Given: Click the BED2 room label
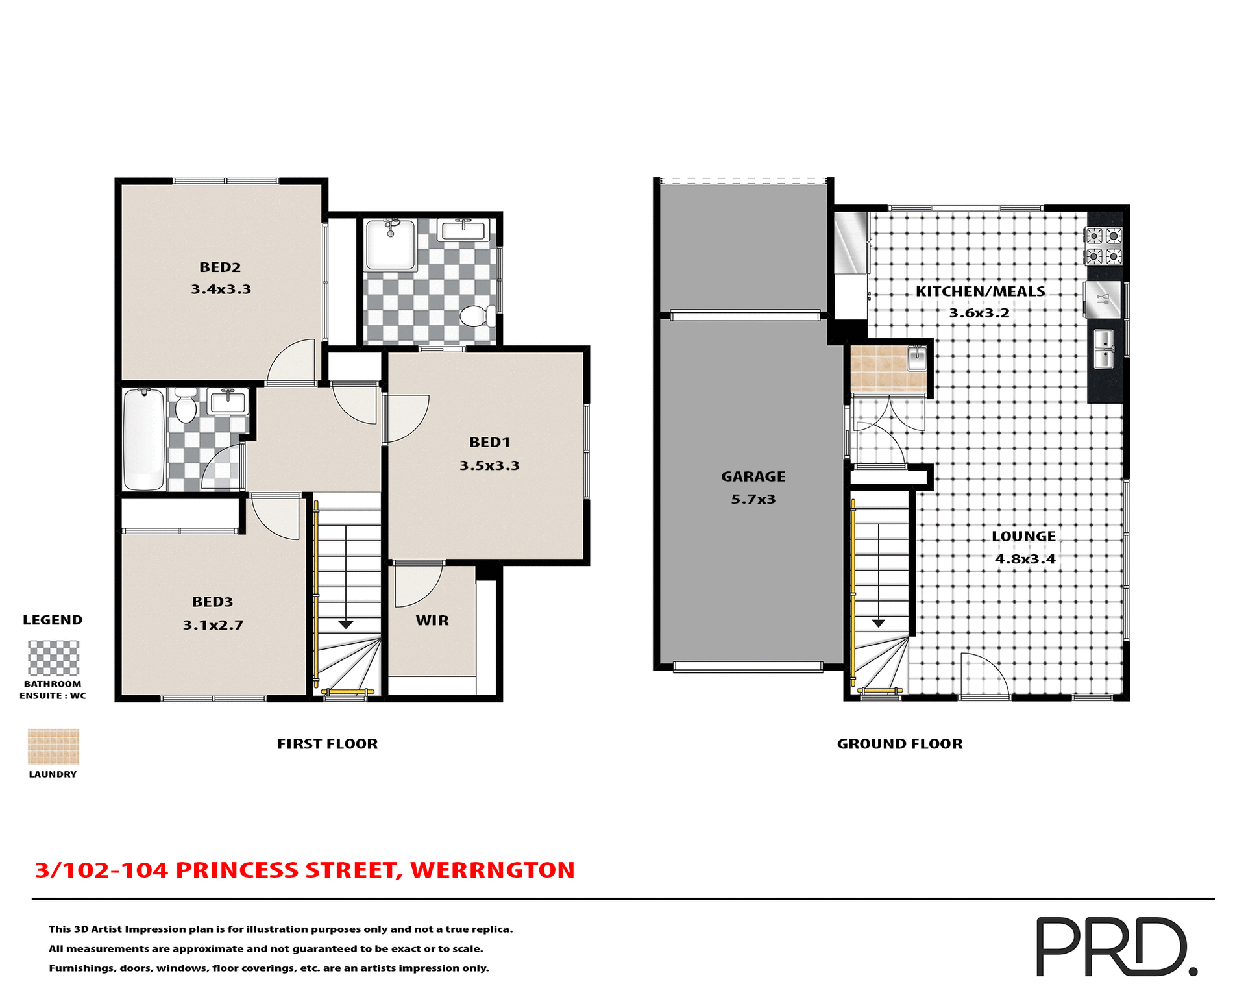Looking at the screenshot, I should coord(220,267).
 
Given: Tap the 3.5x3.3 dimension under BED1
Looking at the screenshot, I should coord(489,465).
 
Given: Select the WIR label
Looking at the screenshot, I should coord(432,621).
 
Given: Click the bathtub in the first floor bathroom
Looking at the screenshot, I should coord(143,439).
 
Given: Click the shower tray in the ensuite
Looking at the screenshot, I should coord(390,245).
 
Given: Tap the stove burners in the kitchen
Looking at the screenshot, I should coord(1104,246).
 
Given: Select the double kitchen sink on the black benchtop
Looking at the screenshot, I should coord(1104,349).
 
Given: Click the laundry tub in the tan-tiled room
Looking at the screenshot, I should coord(916,358).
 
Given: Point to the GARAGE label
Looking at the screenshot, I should coord(753,476).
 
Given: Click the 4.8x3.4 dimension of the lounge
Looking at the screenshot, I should coord(1025,559).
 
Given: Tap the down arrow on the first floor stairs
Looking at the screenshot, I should coord(346,624).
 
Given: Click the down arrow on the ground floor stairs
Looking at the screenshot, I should coord(878,623).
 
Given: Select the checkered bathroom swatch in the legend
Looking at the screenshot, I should coord(53,658).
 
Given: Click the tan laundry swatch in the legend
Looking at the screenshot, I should coord(53,746).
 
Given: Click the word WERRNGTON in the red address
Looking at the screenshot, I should coord(493,870).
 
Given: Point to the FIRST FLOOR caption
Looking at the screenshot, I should coord(327,744).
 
